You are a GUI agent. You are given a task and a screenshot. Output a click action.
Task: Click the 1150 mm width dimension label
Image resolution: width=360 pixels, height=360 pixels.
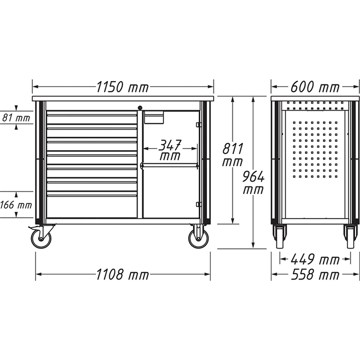(x=123, y=87)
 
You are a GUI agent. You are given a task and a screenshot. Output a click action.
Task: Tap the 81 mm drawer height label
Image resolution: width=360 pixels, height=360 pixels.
(x=16, y=118)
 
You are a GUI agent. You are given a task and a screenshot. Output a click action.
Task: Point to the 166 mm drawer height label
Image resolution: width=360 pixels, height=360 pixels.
(x=16, y=205)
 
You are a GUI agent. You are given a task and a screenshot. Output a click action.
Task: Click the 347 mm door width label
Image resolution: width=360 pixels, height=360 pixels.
(x=170, y=150)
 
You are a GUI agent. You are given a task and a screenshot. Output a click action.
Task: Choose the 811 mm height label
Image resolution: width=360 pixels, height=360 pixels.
(x=233, y=155)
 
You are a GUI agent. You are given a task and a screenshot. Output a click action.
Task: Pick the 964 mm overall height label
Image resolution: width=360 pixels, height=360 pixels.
(x=254, y=183)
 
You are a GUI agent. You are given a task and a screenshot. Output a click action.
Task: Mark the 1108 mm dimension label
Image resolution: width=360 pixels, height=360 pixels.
(x=122, y=274)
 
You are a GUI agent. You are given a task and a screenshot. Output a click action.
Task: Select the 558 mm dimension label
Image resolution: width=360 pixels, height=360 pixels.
(x=314, y=274)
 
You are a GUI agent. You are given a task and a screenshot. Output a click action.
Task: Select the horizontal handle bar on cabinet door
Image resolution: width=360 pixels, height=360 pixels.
(x=170, y=165)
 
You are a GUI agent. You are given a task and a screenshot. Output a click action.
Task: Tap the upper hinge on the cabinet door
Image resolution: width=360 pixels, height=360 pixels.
(x=198, y=124)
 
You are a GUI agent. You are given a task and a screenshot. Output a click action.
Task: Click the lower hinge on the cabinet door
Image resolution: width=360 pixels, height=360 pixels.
(x=198, y=204)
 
